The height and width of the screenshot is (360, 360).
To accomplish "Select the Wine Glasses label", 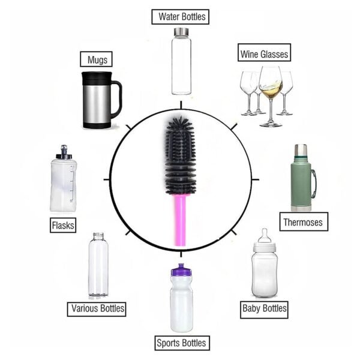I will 264,54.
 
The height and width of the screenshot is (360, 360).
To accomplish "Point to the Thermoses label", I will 303,222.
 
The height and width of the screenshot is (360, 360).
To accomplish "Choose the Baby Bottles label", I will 264,309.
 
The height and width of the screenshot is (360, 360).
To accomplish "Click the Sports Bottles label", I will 181,344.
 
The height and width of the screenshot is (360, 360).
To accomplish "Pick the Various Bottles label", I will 97,309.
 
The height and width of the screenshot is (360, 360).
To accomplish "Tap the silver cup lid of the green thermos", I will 299,151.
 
